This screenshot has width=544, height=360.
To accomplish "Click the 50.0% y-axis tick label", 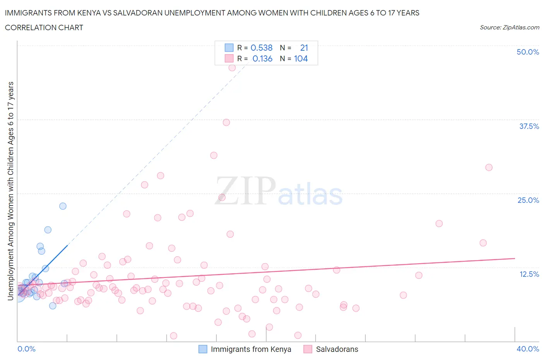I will pyautogui.click(x=528, y=52).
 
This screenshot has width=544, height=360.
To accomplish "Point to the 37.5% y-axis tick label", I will pyautogui.click(x=529, y=126).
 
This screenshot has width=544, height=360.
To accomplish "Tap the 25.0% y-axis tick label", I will pyautogui.click(x=528, y=200).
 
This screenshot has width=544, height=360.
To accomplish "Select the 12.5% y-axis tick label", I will pyautogui.click(x=529, y=274).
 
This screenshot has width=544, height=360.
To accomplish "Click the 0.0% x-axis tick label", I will pyautogui.click(x=26, y=349).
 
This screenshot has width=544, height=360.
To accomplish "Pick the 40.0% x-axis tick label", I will pyautogui.click(x=528, y=349).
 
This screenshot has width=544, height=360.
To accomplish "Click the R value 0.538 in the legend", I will pyautogui.click(x=262, y=48).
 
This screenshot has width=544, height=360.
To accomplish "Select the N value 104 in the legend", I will pyautogui.click(x=301, y=58).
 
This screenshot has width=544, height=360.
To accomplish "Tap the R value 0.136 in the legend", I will pyautogui.click(x=262, y=58).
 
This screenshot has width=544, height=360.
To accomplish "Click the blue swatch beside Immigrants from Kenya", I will pyautogui.click(x=203, y=349).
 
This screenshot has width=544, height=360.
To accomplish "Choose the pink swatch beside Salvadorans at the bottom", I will pyautogui.click(x=308, y=349).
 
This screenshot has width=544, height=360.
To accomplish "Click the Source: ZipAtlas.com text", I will pyautogui.click(x=509, y=27).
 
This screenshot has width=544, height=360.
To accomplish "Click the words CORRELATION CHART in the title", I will pyautogui.click(x=44, y=27).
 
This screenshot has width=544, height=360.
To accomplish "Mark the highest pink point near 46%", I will pyautogui.click(x=232, y=68).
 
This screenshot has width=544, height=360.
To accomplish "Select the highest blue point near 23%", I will pyautogui.click(x=63, y=206).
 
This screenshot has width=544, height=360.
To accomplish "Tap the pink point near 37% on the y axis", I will pyautogui.click(x=226, y=122).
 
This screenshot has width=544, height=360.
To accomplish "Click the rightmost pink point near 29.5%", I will pyautogui.click(x=489, y=168).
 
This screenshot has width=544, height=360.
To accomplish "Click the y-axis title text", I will pyautogui.click(x=10, y=191).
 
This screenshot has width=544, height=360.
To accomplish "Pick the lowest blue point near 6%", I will pyautogui.click(x=53, y=306).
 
